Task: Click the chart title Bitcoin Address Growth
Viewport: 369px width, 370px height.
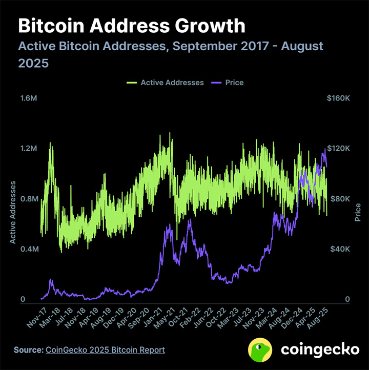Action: coord(132,26)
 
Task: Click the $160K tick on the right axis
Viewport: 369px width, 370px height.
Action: coord(338,98)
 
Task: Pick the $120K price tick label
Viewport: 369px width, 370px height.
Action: coord(338,148)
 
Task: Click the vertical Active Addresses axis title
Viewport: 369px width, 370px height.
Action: coord(13,212)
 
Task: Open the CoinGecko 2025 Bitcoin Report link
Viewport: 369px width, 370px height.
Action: coord(106,350)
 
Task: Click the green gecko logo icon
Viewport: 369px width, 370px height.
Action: coord(260,350)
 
